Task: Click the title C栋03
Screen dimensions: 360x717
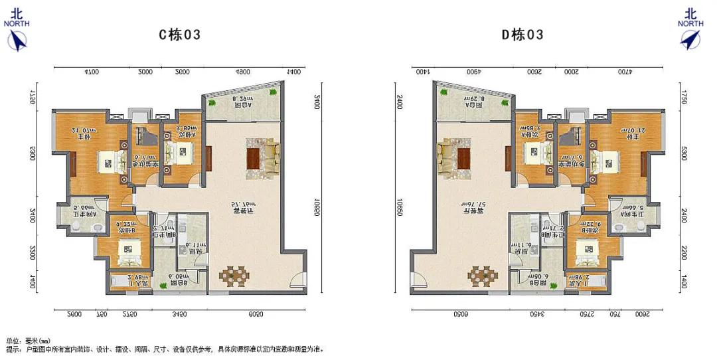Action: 179,35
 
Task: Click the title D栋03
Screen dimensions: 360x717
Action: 522,35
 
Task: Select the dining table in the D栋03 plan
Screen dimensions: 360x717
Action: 481,275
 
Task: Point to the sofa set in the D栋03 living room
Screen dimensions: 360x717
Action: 454,157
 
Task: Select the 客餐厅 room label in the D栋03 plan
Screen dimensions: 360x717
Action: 471,210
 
